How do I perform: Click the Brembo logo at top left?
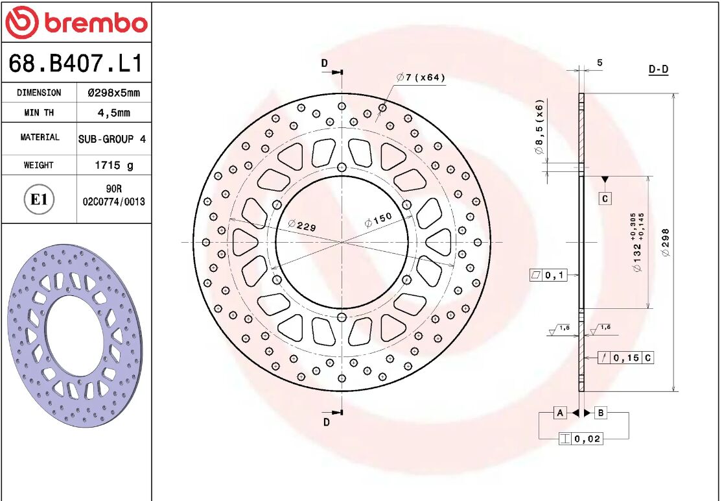coord(76,23)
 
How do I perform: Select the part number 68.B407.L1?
coord(76,64)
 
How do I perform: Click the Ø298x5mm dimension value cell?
coord(113,93)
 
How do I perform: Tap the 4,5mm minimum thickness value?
coord(113,113)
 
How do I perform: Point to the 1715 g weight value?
coord(113,165)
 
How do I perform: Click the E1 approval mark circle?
coord(39,199)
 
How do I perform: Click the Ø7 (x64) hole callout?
coord(421,78)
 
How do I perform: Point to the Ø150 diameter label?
coord(378,219)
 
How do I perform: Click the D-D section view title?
coord(658,69)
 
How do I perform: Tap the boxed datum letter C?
coord(605,199)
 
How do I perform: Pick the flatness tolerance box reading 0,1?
coord(548,275)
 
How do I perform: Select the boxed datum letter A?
coord(561,413)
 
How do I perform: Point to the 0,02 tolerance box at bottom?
coord(581,439)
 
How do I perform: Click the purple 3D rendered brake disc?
coord(75,336)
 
